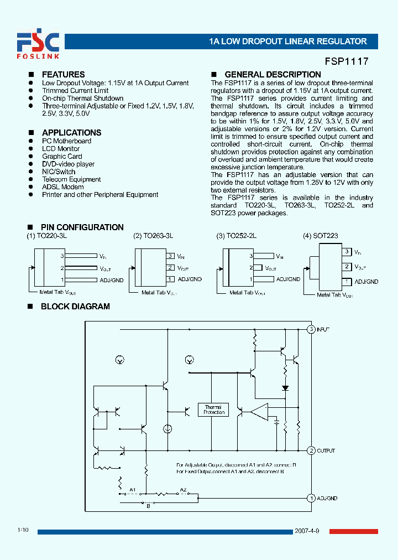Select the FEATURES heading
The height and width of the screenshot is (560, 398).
[x=63, y=75]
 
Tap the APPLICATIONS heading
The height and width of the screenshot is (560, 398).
[x=71, y=133]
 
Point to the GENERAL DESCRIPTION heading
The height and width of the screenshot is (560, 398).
[x=273, y=75]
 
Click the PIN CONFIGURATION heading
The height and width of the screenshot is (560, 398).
[x=82, y=227]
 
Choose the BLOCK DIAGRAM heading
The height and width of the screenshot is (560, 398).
[x=75, y=307]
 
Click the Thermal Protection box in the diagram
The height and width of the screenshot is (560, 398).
[x=214, y=410]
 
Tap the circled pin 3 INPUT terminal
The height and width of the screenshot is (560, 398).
[x=311, y=329]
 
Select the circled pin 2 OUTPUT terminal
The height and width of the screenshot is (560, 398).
[x=311, y=451]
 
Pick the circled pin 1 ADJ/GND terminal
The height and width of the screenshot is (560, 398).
[x=311, y=498]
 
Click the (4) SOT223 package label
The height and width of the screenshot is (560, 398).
[x=320, y=236]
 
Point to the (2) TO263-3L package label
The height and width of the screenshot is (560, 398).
[x=153, y=236]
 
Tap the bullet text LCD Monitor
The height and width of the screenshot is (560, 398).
[x=61, y=149]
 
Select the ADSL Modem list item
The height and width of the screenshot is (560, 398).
[x=63, y=187]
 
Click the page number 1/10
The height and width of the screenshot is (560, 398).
[x=23, y=531]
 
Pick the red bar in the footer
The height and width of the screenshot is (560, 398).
[x=354, y=532]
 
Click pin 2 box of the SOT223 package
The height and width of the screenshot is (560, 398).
[x=347, y=267]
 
